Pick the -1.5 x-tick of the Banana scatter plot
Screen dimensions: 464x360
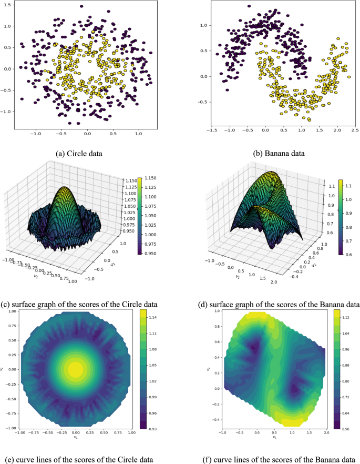click(x=212, y=129)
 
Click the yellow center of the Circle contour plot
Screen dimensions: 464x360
click(x=75, y=369)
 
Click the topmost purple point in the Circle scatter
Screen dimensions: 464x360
click(x=81, y=6)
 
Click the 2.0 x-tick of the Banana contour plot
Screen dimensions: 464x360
click(x=325, y=431)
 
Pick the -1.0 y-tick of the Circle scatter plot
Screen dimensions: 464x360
click(x=7, y=112)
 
